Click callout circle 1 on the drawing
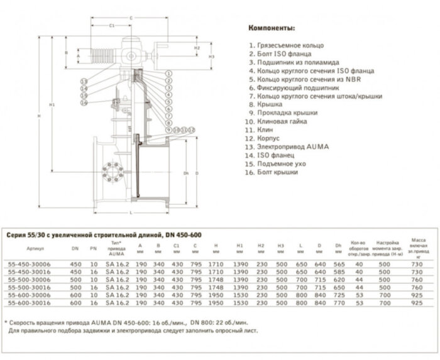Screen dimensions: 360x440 (169, 74)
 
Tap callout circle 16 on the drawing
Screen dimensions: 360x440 (83, 103)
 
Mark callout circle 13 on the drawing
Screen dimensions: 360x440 (83, 82)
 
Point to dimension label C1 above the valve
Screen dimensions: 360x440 (111, 26)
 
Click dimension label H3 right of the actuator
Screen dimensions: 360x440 (212, 57)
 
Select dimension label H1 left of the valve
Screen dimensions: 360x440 (52, 104)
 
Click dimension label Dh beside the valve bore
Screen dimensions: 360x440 (186, 173)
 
